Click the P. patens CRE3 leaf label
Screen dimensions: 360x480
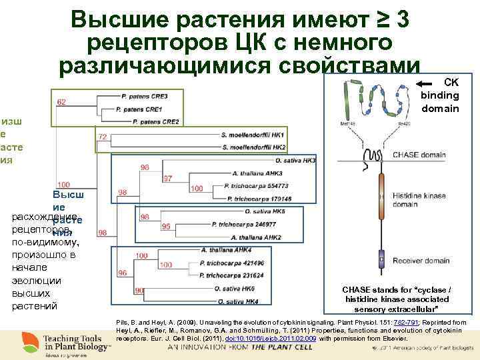[x=141, y=96]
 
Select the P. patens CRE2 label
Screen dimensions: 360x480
[x=156, y=121]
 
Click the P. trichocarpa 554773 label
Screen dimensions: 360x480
[x=257, y=186]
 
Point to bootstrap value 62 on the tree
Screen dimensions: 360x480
[x=61, y=102]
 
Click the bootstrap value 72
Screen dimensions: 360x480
[x=103, y=136]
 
